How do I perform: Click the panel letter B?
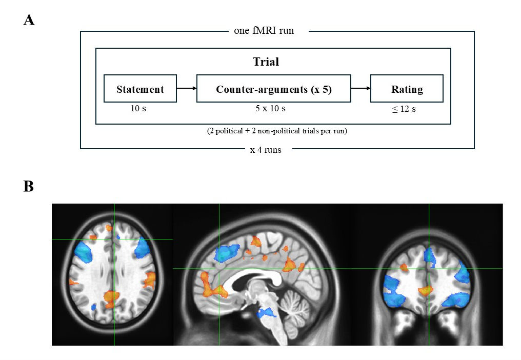[x=29, y=186]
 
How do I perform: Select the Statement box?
[x=140, y=89]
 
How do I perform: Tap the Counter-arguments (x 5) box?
[x=274, y=89]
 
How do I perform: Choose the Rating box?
[x=407, y=89]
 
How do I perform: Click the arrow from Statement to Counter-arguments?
[x=187, y=89]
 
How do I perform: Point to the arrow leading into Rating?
[x=361, y=89]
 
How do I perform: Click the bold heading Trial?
[x=266, y=62]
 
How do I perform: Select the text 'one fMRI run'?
[x=268, y=31]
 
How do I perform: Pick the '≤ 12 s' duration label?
[x=404, y=109]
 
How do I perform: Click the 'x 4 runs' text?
[x=265, y=150]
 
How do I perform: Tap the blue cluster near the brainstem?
[x=266, y=313]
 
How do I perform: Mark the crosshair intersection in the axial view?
[x=114, y=239]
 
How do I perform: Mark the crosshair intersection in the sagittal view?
[x=219, y=268]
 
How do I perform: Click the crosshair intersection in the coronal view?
[x=429, y=268]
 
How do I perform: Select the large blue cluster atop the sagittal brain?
[x=228, y=252]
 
